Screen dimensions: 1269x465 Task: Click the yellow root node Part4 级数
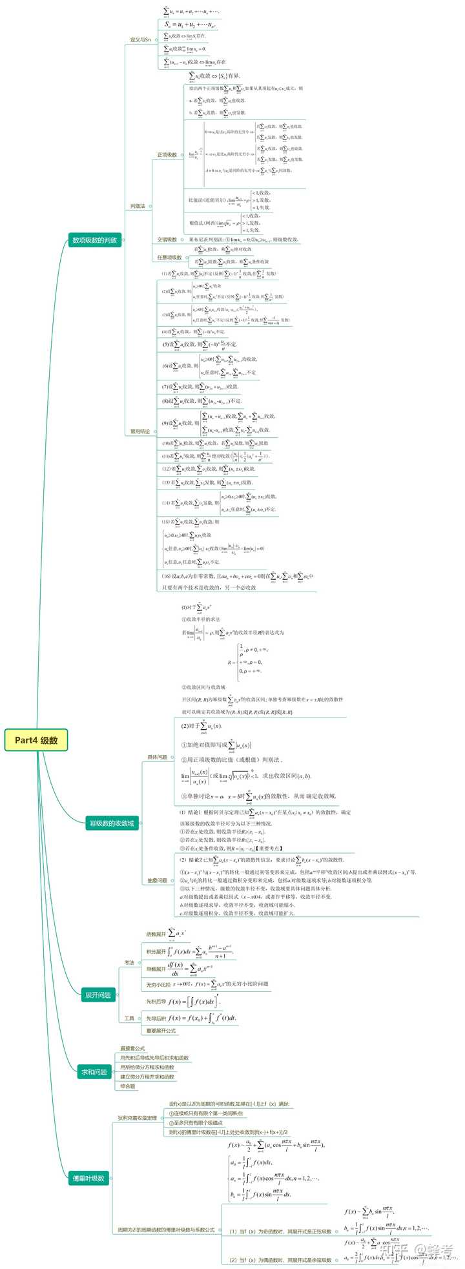pyautogui.click(x=36, y=740)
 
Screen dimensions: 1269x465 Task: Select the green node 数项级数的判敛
pyautogui.click(x=94, y=241)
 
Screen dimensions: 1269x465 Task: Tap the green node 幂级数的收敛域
pyautogui.click(x=111, y=823)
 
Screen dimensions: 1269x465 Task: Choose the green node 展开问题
pyautogui.click(x=98, y=995)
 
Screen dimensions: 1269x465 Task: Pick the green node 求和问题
pyautogui.click(x=94, y=1072)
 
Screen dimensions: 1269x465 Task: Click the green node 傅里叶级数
pyautogui.click(x=88, y=1178)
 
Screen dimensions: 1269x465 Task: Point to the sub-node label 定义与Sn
pyautogui.click(x=140, y=40)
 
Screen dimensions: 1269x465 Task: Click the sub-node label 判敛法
pyautogui.click(x=138, y=207)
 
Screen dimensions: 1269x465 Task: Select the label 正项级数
pyautogui.click(x=167, y=155)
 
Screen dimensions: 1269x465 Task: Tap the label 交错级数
pyautogui.click(x=167, y=240)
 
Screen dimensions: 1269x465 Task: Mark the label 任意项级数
pyautogui.click(x=169, y=258)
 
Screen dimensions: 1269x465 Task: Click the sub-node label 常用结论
pyautogui.click(x=139, y=431)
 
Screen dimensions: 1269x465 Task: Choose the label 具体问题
pyautogui.click(x=157, y=757)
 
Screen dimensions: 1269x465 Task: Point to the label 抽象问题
pyautogui.click(x=157, y=880)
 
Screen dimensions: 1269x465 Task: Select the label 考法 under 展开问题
pyautogui.click(x=129, y=963)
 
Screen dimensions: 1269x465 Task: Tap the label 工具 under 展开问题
pyautogui.click(x=129, y=1018)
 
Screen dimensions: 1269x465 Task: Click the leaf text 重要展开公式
pyautogui.click(x=161, y=1031)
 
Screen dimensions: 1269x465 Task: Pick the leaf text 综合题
pyautogui.click(x=128, y=1086)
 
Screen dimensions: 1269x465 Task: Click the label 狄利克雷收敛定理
pyautogui.click(x=137, y=1118)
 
